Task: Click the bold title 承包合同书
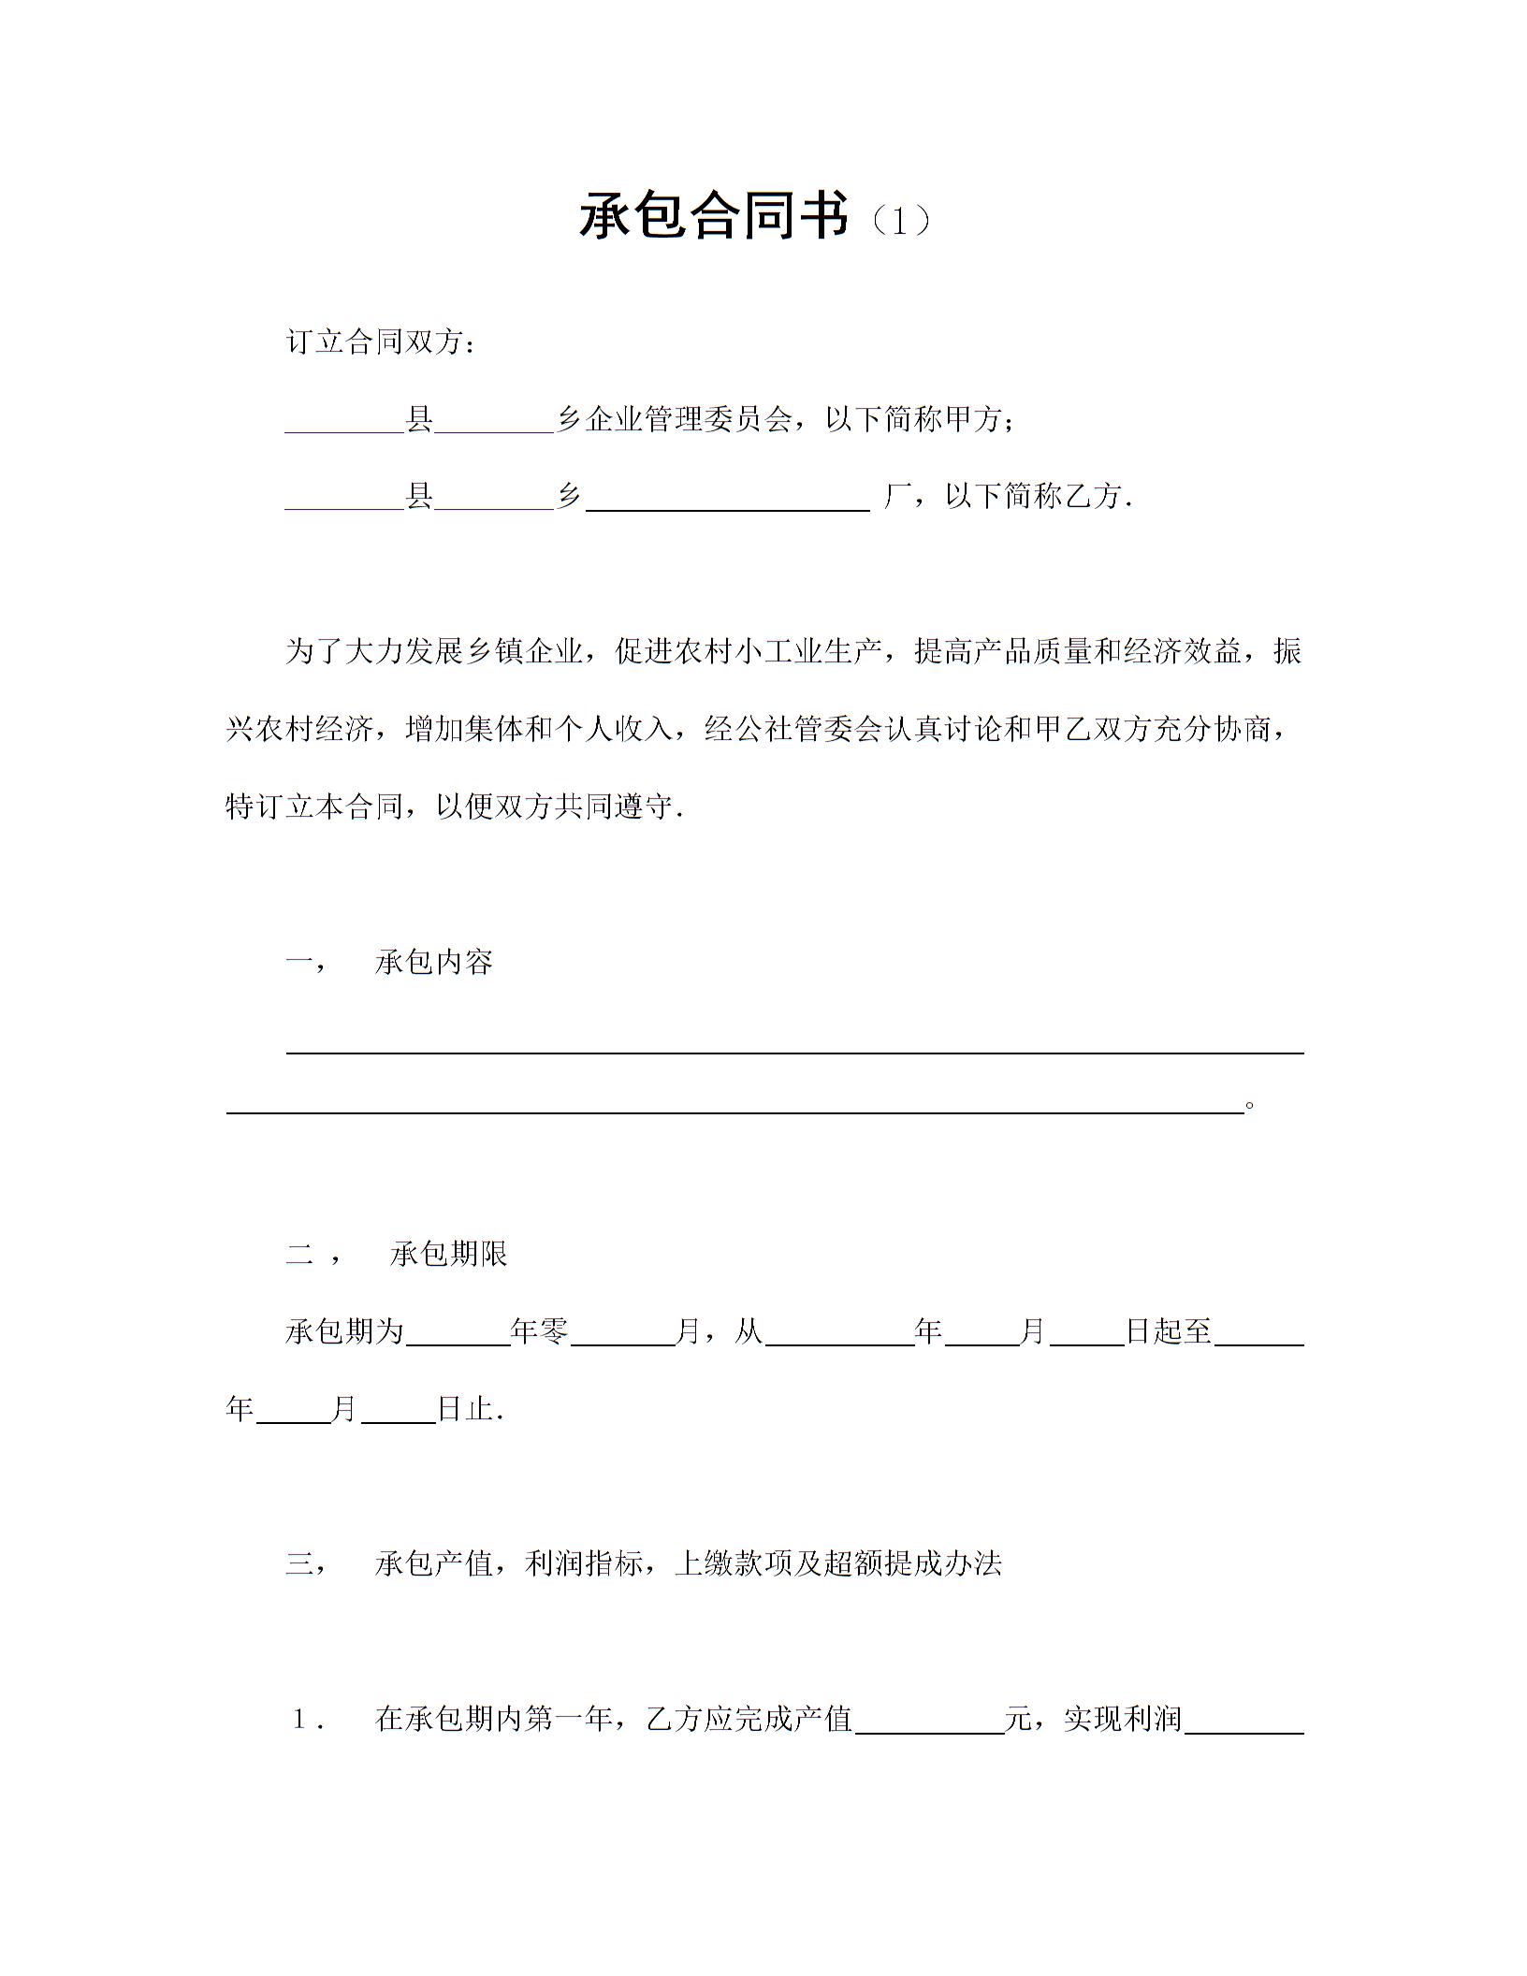(714, 216)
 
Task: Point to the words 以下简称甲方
(914, 419)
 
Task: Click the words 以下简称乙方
(1034, 496)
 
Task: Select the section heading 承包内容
(433, 962)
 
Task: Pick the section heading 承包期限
(448, 1254)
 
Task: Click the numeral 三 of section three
(299, 1562)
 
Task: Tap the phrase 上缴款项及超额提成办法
(838, 1562)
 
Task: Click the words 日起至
(1169, 1330)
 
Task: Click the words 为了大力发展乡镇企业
(434, 651)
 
